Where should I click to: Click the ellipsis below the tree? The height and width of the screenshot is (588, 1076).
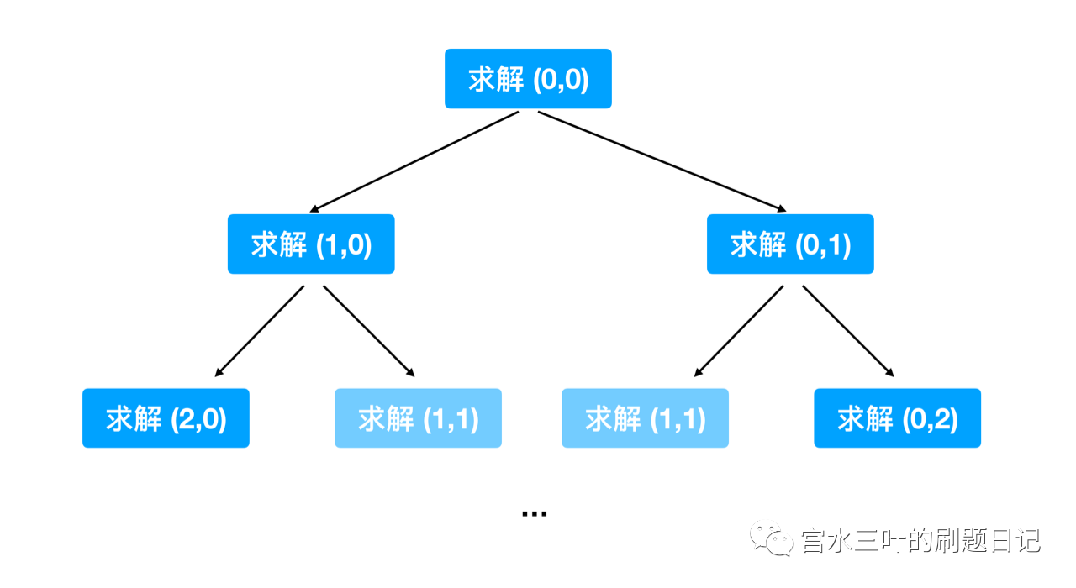pos(534,513)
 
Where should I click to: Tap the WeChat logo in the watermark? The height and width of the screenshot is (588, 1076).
pos(771,538)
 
